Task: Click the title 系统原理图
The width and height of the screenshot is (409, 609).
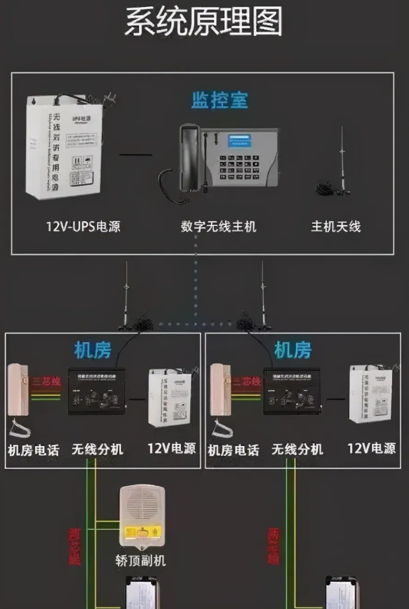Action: [204, 22]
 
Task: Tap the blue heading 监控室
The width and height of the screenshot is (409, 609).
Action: [220, 100]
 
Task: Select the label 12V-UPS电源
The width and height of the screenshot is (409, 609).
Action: [83, 227]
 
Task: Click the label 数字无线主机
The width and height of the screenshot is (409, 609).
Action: [218, 227]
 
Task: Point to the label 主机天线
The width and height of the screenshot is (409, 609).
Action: [336, 227]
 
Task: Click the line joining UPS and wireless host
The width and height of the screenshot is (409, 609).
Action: [136, 155]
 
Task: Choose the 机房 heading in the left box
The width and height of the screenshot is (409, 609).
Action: [92, 350]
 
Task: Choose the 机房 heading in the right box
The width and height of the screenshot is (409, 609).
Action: [293, 350]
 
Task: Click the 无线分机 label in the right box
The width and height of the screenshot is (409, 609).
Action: [297, 449]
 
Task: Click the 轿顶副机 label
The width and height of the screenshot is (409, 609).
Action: [140, 560]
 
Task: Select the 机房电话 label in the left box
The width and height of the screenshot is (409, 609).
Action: [33, 450]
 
